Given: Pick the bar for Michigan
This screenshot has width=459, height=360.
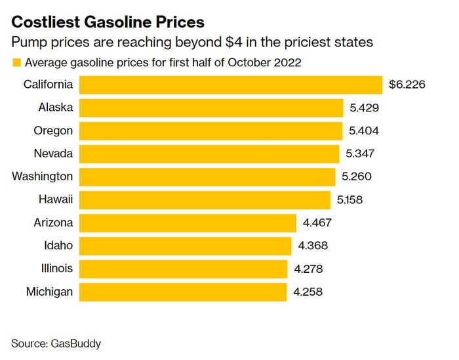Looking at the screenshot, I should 183,291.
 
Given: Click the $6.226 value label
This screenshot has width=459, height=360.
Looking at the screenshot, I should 407,85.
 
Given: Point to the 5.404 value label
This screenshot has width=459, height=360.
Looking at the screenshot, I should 364,130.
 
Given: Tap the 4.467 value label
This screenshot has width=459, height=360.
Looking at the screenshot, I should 317,222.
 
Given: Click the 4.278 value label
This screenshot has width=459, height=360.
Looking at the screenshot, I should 308,268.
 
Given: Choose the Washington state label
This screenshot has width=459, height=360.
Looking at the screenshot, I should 43,176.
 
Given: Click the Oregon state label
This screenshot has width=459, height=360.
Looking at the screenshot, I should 53,130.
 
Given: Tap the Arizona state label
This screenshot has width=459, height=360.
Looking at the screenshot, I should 53,222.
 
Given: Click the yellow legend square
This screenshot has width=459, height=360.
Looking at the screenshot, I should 16,63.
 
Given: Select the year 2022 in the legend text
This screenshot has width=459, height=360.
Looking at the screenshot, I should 288,63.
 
